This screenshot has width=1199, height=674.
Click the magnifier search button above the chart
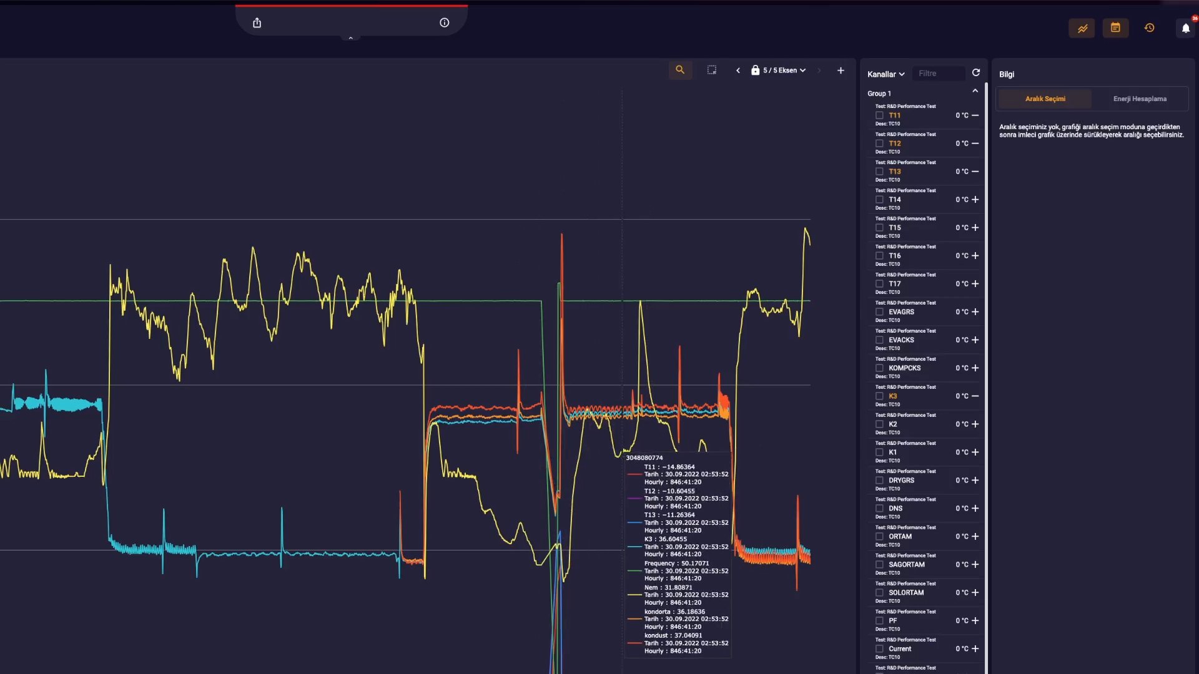pyautogui.click(x=680, y=71)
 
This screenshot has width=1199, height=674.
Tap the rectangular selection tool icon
pyautogui.click(x=712, y=71)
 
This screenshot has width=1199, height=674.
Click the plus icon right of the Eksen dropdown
pyautogui.click(x=841, y=71)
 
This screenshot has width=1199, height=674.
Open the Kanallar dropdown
pyautogui.click(x=886, y=74)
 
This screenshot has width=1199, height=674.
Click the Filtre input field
pyautogui.click(x=939, y=74)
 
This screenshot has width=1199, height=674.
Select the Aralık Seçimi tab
pyautogui.click(x=1045, y=99)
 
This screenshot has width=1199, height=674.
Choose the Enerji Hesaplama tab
pyautogui.click(x=1140, y=99)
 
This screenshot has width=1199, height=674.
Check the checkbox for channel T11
pyautogui.click(x=879, y=115)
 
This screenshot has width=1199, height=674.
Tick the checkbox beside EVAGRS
pyautogui.click(x=879, y=312)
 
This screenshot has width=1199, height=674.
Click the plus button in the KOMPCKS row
pyautogui.click(x=975, y=368)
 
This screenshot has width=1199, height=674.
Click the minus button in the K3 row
pyautogui.click(x=975, y=396)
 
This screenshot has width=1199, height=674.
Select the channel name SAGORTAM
pyautogui.click(x=906, y=565)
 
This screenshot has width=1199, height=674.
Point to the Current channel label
pyautogui.click(x=900, y=649)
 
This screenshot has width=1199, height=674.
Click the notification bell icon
pyautogui.click(x=1185, y=28)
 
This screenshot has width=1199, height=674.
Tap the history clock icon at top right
pyautogui.click(x=1149, y=28)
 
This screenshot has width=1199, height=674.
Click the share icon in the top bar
pyautogui.click(x=257, y=23)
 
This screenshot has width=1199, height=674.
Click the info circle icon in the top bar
pyautogui.click(x=444, y=23)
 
